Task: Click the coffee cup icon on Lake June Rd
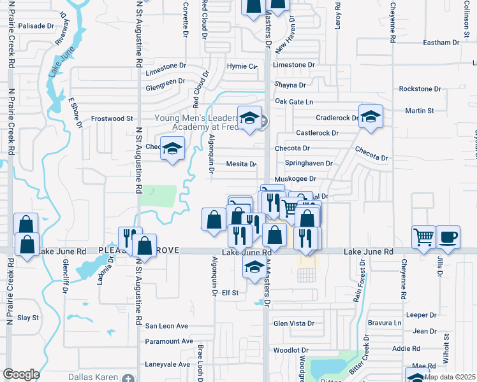(x=447, y=237)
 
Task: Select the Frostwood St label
(x=112, y=118)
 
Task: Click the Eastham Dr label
(x=441, y=43)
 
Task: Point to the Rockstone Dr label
(x=420, y=88)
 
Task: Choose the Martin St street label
(x=420, y=111)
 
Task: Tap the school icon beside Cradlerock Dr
(x=370, y=117)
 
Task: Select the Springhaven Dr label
(x=309, y=163)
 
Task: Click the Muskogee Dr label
(x=295, y=179)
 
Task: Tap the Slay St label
(x=28, y=317)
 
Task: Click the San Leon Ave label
(x=166, y=326)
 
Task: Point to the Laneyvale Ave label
(x=168, y=364)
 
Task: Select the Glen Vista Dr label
(x=294, y=323)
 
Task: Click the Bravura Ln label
(x=388, y=323)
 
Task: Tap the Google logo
(x=21, y=374)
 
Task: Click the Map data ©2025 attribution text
(x=450, y=377)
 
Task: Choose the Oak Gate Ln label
(x=294, y=102)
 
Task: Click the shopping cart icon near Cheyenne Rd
(x=424, y=237)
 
